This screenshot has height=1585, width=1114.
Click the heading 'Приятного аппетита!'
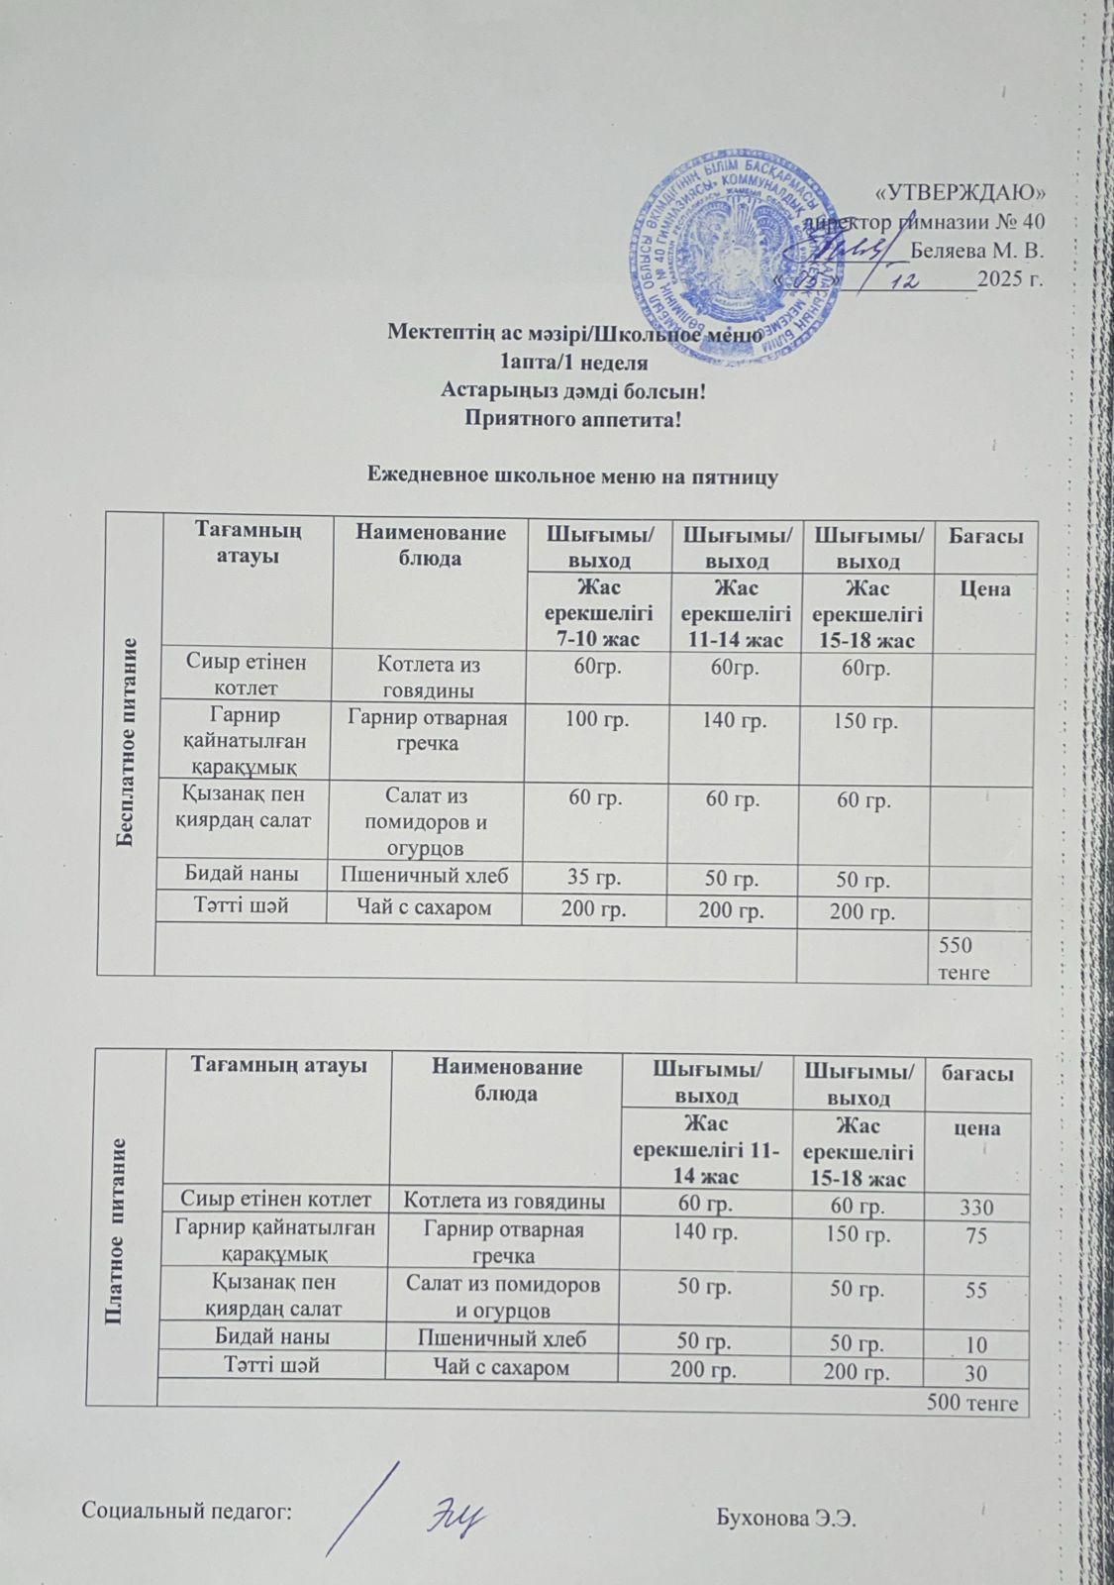pos(573,417)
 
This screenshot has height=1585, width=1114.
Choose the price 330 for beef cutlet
pos(975,1208)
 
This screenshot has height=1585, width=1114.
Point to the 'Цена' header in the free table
pos(984,588)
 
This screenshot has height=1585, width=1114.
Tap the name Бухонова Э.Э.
pos(783,1516)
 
